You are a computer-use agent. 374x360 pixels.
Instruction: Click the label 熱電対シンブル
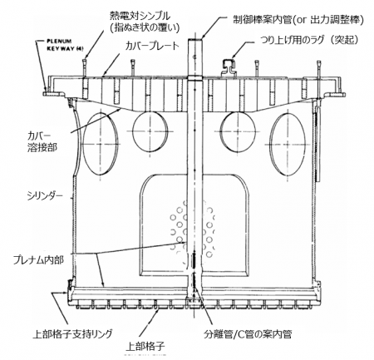coord(140,16)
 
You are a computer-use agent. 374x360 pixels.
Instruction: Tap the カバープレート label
coord(152,46)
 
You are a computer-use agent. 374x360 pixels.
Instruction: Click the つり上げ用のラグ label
coord(293,40)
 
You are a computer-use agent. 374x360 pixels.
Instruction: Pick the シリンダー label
coord(45,195)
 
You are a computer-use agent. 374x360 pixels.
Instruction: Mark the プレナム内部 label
coord(39,260)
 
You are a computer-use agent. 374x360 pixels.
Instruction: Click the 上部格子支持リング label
coord(73,334)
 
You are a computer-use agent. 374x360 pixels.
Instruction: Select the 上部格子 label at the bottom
coord(145,346)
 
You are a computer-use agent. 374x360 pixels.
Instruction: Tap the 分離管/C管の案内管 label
coord(248,334)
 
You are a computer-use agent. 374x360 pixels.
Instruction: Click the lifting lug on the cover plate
coord(229,67)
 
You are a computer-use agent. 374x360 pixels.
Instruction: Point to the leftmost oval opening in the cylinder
coord(101,145)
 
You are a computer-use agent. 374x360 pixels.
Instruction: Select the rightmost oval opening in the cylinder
coord(288,145)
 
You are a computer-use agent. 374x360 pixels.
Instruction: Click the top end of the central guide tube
coord(195,39)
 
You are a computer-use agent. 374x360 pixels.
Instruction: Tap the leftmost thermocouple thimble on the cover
coord(85,67)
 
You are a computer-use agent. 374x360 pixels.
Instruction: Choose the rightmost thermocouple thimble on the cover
coord(320,68)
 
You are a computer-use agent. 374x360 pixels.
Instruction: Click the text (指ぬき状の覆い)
coord(145,27)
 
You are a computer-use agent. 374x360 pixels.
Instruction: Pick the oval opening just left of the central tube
coord(150,131)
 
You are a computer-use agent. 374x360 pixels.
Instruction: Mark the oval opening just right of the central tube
coord(238,131)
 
